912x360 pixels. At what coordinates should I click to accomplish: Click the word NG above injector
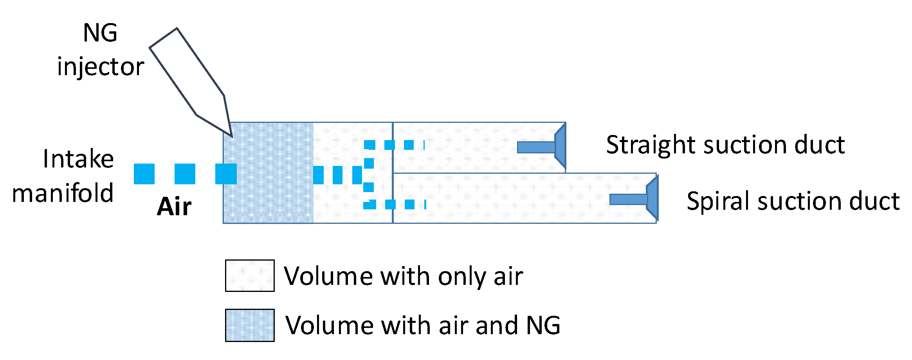[x=100, y=33]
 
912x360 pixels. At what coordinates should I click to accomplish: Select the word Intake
[x=78, y=159]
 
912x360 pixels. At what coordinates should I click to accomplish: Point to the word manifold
[x=63, y=193]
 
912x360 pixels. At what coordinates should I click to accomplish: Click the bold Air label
[x=174, y=206]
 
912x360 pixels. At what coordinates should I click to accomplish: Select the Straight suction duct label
[x=725, y=145]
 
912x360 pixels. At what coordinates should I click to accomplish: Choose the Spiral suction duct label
[x=793, y=202]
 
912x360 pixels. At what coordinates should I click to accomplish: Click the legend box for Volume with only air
[x=250, y=276]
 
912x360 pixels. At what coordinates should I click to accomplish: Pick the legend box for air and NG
[x=250, y=325]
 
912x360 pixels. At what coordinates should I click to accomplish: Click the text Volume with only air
[x=403, y=276]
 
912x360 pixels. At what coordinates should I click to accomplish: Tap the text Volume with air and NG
[x=423, y=325]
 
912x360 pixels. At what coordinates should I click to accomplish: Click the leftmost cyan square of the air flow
[x=144, y=174]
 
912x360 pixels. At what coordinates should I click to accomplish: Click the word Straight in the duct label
[x=650, y=145]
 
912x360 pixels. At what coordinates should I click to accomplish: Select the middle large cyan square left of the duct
[x=185, y=174]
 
